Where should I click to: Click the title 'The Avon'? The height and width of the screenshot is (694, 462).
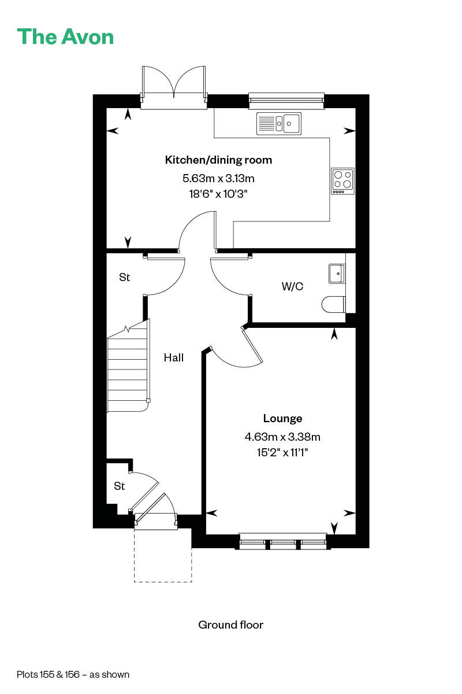(x=65, y=37)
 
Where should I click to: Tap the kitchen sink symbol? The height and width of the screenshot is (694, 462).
(x=279, y=124)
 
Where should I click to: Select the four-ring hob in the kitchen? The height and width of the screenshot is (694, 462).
(x=343, y=181)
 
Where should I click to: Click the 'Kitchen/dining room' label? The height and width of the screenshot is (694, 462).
(x=218, y=160)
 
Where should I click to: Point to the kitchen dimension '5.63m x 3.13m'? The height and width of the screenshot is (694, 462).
(x=218, y=178)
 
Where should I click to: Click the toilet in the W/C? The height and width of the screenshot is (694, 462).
(x=334, y=304)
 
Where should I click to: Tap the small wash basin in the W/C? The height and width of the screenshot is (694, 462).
(x=337, y=274)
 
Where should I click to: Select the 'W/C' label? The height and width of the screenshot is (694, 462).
(x=292, y=286)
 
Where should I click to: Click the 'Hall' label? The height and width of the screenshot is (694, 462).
(x=174, y=357)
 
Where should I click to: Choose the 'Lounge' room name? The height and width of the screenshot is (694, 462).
(x=282, y=418)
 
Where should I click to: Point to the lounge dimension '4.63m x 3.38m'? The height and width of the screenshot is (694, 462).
(x=282, y=437)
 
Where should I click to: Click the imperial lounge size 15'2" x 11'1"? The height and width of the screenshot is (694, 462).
(x=282, y=452)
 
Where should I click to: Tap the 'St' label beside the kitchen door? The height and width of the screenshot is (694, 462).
(x=124, y=277)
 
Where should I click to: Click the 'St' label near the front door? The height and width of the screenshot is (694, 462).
(x=119, y=486)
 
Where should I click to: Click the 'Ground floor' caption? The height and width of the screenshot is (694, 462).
(x=231, y=625)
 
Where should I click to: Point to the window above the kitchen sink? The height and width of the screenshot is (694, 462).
(x=286, y=101)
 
